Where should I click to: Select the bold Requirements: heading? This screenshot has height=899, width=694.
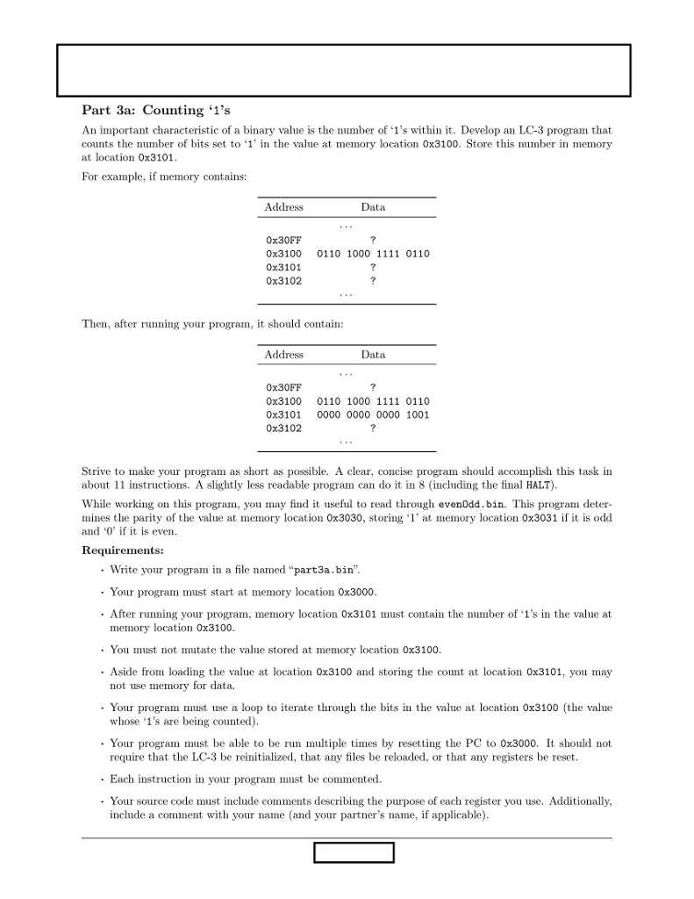(x=122, y=550)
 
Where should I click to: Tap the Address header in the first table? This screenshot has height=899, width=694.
(x=283, y=207)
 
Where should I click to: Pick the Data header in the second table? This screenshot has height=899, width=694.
(x=373, y=355)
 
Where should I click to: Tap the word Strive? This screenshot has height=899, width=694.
(x=97, y=471)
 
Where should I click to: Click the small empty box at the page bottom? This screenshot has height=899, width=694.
(x=354, y=852)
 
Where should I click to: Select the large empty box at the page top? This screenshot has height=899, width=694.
(x=344, y=70)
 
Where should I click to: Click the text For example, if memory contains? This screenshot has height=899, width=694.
(x=164, y=176)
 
